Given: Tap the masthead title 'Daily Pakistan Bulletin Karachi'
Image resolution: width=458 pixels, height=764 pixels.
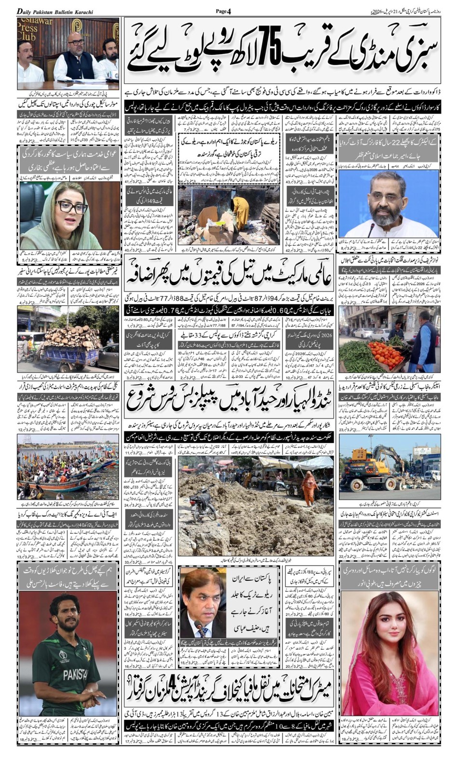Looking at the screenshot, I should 55,11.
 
